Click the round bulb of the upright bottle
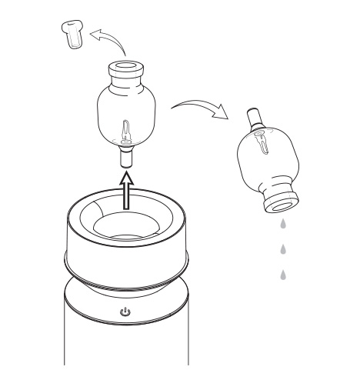pos(128,115)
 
